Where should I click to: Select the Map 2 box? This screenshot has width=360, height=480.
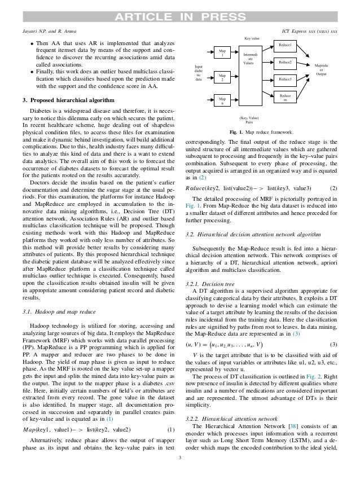[x=222, y=77]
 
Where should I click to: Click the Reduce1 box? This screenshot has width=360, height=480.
[x=285, y=45]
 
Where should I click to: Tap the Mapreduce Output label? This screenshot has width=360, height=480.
[x=321, y=70]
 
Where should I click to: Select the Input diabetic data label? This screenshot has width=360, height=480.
[x=198, y=73]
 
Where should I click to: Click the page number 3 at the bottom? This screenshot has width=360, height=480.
[x=180, y=472]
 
